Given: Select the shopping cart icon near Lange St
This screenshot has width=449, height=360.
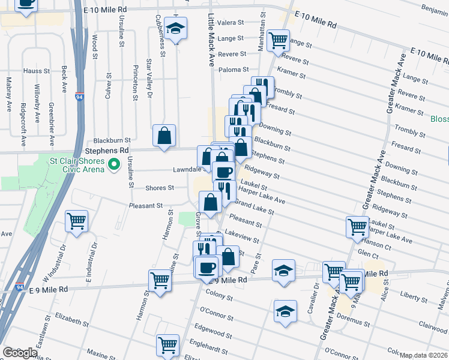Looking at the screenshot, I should point(279,41).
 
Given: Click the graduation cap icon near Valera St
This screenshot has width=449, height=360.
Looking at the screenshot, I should point(176,28).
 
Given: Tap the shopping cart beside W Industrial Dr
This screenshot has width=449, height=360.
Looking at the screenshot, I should point(77,221).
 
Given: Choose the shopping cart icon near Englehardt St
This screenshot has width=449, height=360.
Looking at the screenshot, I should point(167,345).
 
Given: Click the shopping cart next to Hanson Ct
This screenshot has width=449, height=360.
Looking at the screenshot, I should point(357,227).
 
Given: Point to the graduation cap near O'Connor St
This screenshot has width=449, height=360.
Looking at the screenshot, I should point(285,311).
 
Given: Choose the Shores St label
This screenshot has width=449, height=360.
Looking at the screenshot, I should point(160,188).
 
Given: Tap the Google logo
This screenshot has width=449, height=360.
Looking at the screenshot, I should point(20,353).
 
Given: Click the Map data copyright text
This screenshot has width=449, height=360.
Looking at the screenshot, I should point(424,355).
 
